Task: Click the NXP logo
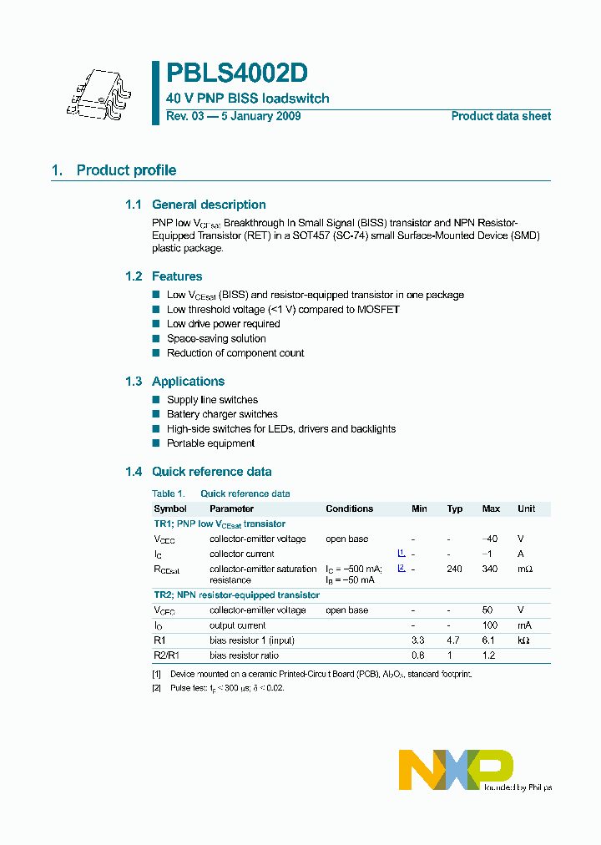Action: click(x=456, y=769)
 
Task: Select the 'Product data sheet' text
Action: click(x=501, y=116)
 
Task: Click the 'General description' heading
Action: click(x=209, y=205)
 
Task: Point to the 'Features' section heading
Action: click(x=177, y=276)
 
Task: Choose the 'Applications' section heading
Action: click(x=188, y=382)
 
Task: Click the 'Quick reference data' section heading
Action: click(x=211, y=472)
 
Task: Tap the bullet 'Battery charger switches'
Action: click(x=222, y=414)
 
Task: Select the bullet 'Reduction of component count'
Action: click(x=235, y=353)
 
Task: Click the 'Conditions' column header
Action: click(x=349, y=509)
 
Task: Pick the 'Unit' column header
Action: click(x=526, y=509)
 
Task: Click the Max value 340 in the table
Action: click(x=490, y=569)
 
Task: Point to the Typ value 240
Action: click(x=454, y=569)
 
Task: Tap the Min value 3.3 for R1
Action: click(x=419, y=640)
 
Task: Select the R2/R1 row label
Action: click(x=166, y=655)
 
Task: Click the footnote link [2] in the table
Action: click(x=401, y=568)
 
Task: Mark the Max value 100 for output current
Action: click(x=490, y=625)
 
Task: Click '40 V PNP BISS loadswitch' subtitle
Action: click(x=248, y=99)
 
